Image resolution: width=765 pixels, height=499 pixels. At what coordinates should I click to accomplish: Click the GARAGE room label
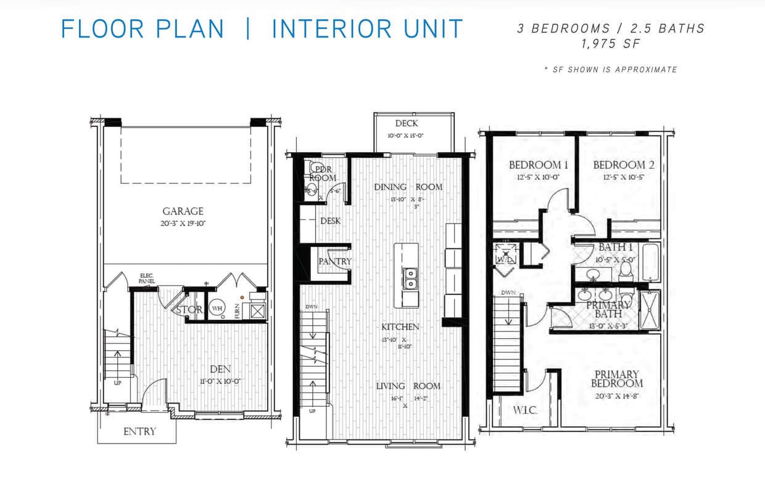[183, 211]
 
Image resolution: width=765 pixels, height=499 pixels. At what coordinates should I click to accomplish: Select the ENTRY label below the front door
[139, 431]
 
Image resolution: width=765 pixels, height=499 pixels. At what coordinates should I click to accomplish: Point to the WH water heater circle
[217, 307]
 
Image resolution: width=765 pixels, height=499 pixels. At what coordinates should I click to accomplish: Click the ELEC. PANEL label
[147, 278]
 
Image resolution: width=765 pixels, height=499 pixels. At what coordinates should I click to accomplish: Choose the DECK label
[407, 123]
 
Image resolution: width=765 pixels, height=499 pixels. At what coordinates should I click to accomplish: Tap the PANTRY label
[335, 261]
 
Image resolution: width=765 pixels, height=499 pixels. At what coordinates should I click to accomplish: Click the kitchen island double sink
[410, 278]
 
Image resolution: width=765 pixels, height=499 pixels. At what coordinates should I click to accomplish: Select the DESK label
[330, 221]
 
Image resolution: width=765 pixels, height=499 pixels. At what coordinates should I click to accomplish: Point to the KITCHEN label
[400, 327]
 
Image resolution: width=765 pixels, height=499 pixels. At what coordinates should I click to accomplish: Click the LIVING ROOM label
[408, 386]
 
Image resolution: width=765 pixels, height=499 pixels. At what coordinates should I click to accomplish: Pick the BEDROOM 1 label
[538, 164]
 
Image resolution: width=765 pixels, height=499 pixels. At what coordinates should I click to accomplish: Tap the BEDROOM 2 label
[624, 164]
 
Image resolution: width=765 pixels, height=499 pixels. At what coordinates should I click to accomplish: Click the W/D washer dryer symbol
[505, 254]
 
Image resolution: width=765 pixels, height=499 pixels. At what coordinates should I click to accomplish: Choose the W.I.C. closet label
[525, 410]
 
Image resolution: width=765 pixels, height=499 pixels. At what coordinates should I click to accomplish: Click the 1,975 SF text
[611, 44]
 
